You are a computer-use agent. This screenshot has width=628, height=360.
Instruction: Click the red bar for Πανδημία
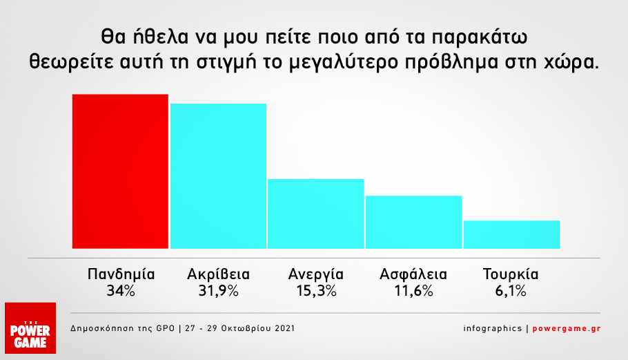click(x=120, y=171)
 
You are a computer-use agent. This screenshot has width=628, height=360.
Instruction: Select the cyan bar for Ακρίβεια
click(x=218, y=176)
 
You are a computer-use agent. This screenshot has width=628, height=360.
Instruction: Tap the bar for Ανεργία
click(x=315, y=214)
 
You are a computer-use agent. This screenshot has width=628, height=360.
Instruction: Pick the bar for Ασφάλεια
click(x=414, y=222)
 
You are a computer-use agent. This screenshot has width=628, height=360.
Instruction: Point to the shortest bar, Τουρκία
click(x=511, y=234)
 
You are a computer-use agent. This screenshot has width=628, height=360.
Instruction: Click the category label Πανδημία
click(x=121, y=274)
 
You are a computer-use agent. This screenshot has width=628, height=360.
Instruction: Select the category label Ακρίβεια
click(x=218, y=274)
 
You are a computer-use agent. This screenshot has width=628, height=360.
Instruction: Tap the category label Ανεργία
click(x=316, y=275)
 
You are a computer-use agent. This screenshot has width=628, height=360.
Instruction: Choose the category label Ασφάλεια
click(x=413, y=274)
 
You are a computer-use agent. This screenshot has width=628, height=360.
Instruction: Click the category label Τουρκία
click(x=511, y=274)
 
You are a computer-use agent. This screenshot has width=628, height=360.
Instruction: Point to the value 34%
click(x=121, y=291)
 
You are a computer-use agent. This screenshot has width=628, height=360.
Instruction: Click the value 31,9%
click(x=218, y=291)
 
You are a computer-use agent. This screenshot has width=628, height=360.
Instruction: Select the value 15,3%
click(x=316, y=291)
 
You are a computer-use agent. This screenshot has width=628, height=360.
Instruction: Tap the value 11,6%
click(x=413, y=291)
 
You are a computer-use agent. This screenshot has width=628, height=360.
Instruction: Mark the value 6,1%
click(x=511, y=291)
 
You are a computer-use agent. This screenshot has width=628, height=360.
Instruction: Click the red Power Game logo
click(x=30, y=328)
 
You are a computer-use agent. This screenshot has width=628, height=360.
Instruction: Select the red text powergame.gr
click(x=567, y=328)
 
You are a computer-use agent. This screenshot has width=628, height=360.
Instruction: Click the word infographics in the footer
click(x=493, y=328)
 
